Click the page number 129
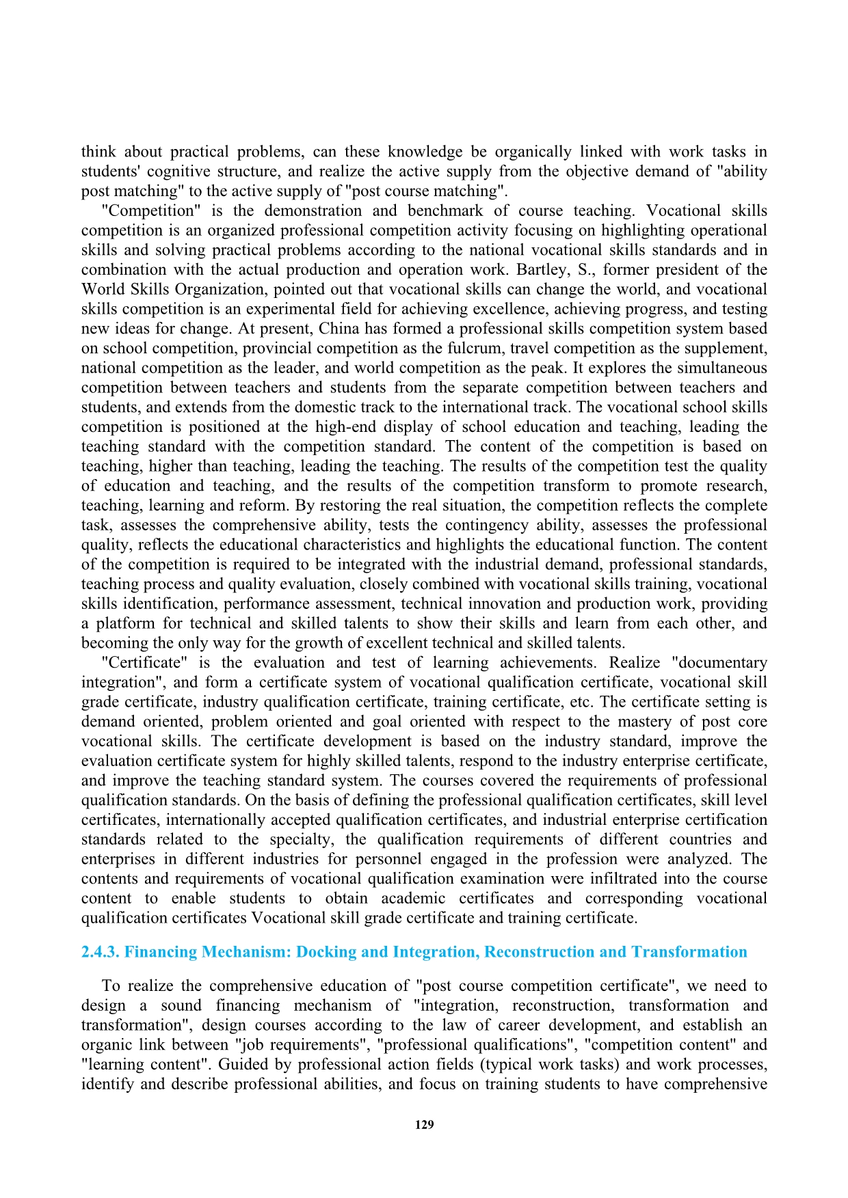click(x=424, y=1125)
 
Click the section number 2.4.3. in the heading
click(x=101, y=952)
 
